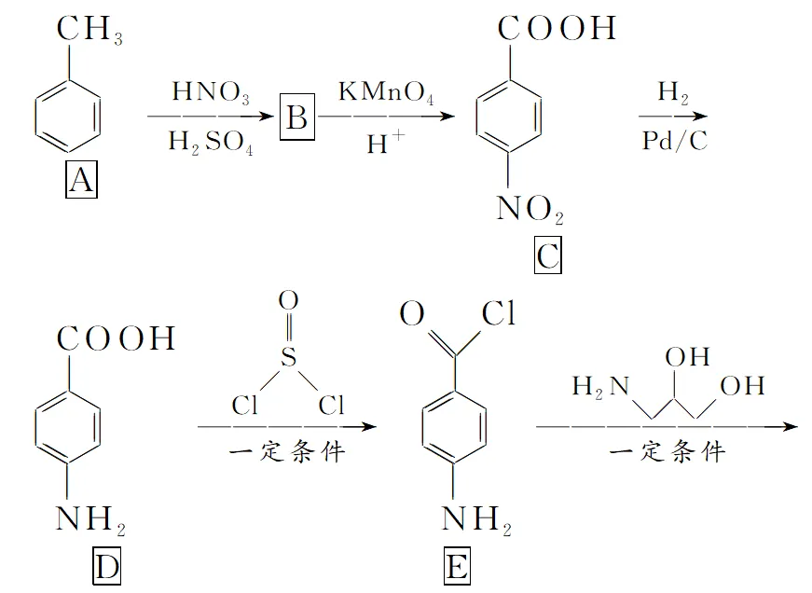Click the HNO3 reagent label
tap(211, 92)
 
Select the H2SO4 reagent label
tap(210, 143)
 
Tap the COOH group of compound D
tap(116, 338)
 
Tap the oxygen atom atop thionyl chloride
tap(289, 300)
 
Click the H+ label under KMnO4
tap(382, 143)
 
